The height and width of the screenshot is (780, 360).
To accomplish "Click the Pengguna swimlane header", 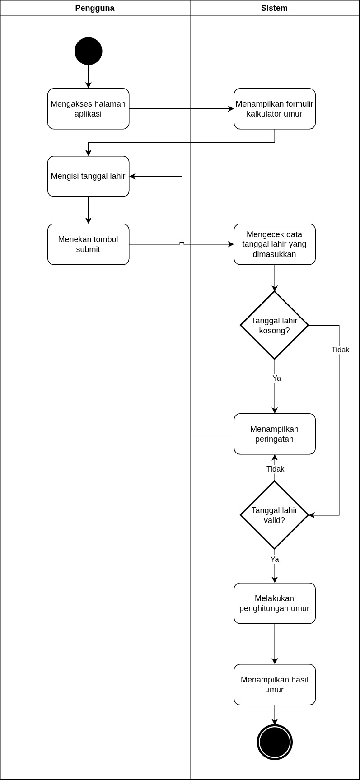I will (x=95, y=8).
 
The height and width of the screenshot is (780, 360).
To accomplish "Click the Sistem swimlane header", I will (x=274, y=8).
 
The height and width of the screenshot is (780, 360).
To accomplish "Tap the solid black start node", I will (x=89, y=51).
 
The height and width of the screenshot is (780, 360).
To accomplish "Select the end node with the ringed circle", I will (x=275, y=742).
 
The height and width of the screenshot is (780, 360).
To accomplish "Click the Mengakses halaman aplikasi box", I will (x=89, y=109).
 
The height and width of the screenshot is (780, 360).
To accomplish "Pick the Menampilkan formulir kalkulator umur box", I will (x=275, y=109).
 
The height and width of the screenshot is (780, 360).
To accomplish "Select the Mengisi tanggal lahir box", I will (x=89, y=177).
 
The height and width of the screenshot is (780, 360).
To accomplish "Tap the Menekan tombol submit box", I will (x=89, y=244).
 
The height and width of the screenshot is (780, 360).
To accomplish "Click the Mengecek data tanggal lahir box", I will (x=275, y=244).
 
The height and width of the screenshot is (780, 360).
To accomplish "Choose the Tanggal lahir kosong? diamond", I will (x=275, y=325).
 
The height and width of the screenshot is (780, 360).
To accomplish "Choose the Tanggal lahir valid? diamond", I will (x=275, y=515).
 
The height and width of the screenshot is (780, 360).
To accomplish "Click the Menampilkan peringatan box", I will (x=275, y=434).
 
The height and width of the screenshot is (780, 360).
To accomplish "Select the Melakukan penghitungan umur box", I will (x=275, y=603).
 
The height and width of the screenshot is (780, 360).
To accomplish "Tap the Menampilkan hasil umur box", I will (x=275, y=685).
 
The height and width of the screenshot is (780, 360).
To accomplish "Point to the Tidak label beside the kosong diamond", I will (x=340, y=350).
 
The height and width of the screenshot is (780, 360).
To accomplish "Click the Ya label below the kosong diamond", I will (x=276, y=378).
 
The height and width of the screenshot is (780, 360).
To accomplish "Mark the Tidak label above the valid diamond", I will (x=275, y=469).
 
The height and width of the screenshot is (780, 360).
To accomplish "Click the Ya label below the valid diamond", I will (x=275, y=559).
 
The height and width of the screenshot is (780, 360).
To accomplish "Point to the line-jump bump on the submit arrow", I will (x=182, y=243).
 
